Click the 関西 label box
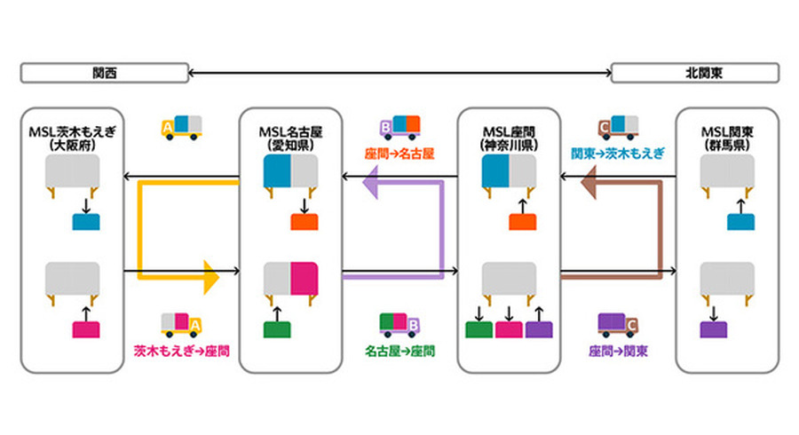pos(104,73)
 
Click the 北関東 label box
pos(694,73)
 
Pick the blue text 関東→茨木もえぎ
pos(617,153)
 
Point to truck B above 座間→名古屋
pos(399,128)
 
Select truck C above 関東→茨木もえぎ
pos(617,128)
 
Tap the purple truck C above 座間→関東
pos(619,325)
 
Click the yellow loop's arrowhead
pos(210,277)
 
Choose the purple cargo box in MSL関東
pos(714,329)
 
